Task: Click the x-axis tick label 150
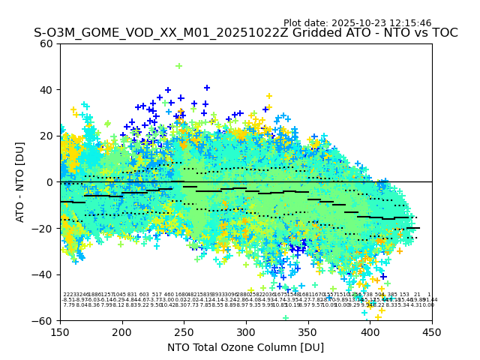(x=60, y=331)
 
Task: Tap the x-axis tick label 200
(x=122, y=331)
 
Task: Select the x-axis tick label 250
(x=184, y=331)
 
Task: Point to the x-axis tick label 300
(x=246, y=331)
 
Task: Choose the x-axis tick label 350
(x=308, y=331)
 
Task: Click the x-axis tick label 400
(x=370, y=331)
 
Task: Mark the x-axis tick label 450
(x=432, y=331)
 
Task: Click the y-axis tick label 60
(x=46, y=43)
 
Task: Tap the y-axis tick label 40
(x=46, y=90)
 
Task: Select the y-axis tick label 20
(x=46, y=136)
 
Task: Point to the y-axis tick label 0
(x=49, y=182)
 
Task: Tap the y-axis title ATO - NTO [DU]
(x=21, y=182)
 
